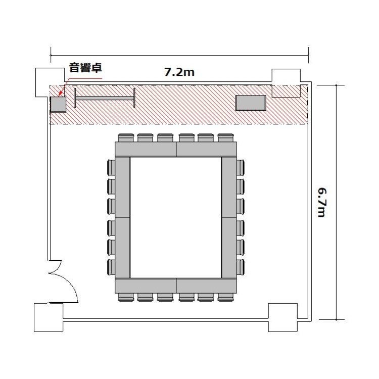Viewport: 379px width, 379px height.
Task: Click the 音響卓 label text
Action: click(85, 68)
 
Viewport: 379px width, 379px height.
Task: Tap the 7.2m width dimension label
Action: click(179, 72)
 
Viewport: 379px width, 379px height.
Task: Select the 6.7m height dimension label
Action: click(322, 202)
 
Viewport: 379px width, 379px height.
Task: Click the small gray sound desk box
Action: click(58, 105)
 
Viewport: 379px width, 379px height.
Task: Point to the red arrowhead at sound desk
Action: click(61, 94)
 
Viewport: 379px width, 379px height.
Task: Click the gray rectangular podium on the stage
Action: click(251, 103)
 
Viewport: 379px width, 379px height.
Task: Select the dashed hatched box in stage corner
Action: click(286, 91)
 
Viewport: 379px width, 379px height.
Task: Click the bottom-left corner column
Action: click(49, 318)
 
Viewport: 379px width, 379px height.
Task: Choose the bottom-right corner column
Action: click(283, 318)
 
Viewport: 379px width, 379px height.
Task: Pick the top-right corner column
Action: click(287, 76)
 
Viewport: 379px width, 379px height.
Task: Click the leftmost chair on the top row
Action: click(126, 138)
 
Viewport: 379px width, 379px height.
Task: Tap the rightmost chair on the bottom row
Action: click(226, 297)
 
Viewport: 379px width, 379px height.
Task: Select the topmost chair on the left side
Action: click(111, 167)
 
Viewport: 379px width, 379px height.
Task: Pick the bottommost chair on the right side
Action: click(241, 267)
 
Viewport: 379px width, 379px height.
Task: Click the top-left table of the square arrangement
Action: click(146, 150)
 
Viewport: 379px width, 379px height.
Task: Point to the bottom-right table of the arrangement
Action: click(206, 286)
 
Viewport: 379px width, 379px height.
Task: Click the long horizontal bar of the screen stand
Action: click(105, 99)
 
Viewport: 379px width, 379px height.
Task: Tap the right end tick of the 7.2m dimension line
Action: click(308, 55)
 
